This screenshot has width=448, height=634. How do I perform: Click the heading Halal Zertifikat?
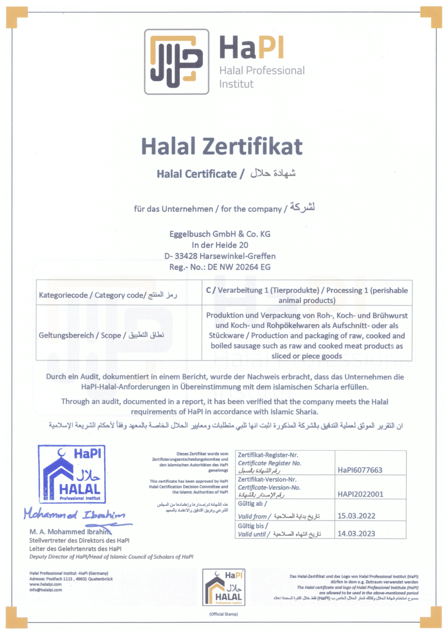coord(222,146)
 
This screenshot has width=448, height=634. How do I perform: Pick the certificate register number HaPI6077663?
coord(361,470)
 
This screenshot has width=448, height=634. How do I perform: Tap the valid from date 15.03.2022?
coord(356,516)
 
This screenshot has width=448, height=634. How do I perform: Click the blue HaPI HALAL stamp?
coord(71,474)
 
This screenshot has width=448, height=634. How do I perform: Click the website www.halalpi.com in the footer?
coord(46,584)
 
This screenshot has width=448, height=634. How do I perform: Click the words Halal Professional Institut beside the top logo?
coord(262,77)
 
